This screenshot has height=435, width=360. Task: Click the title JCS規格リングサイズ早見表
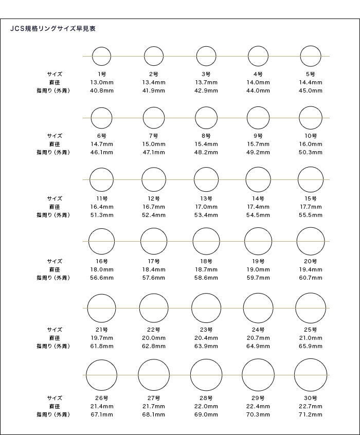tap(53, 29)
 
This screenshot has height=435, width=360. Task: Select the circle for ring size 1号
tap(101, 56)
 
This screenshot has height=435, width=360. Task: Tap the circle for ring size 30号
tap(311, 375)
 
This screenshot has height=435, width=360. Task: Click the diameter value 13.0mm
tap(101, 82)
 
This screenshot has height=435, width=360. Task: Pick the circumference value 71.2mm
tap(311, 414)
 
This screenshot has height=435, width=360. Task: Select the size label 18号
tap(206, 261)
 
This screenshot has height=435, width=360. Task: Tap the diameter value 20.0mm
tap(154, 338)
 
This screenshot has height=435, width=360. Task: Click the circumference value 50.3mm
tap(311, 152)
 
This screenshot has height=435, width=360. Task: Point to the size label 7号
tap(154, 136)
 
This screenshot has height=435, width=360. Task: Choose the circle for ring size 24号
tap(258, 307)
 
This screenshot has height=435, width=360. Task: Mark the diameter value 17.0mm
tap(206, 207)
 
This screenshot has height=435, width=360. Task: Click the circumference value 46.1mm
tap(101, 152)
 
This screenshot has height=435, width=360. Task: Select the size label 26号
tap(101, 397)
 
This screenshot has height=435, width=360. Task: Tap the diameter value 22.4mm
tap(258, 406)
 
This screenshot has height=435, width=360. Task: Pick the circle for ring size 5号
tap(311, 56)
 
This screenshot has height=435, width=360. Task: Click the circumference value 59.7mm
tap(258, 278)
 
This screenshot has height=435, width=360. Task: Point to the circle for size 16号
tap(101, 241)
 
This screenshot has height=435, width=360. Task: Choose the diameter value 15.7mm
tap(258, 144)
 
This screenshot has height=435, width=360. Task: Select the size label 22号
tap(154, 330)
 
